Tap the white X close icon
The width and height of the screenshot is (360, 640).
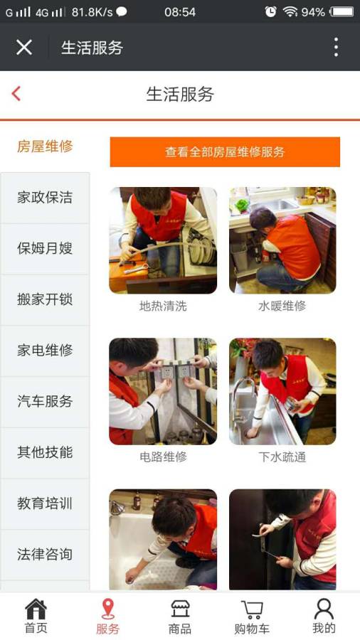pos(24,48)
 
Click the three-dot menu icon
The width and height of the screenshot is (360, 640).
pos(336,48)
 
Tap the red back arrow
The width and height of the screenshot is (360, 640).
pos(16,94)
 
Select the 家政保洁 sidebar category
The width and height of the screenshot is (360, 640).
pos(45,198)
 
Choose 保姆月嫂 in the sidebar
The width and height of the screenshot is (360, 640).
pos(45,249)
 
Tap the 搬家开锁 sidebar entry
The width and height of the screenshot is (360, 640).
pos(45,299)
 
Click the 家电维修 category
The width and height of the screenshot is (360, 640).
pos(45,351)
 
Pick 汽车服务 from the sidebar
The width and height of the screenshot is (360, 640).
pos(45,402)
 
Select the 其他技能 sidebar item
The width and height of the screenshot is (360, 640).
pos(45,452)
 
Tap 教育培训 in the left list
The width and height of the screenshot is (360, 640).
pos(45,503)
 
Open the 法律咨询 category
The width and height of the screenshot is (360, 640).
pos(45,555)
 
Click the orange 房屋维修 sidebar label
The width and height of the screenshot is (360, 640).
pos(45,146)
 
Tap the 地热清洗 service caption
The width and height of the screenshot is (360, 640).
pos(163,306)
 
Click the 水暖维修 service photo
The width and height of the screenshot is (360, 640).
pos(282,240)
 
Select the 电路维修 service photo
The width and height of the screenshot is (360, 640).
pos(163,391)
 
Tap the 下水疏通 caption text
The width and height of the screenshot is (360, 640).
pos(282,457)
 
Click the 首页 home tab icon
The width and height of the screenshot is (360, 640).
pos(36,609)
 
